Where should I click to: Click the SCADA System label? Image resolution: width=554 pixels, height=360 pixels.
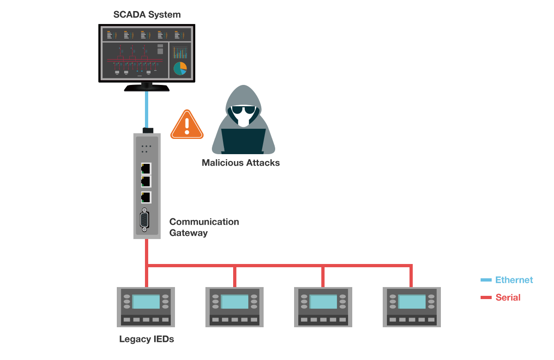[x=147, y=15]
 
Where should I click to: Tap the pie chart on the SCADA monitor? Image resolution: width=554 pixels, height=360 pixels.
[x=180, y=68]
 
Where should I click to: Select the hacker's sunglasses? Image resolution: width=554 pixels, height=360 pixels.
[x=243, y=111]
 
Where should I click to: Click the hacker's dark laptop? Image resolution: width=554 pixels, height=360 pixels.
[x=243, y=140]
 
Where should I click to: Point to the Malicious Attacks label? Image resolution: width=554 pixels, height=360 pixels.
[x=241, y=163]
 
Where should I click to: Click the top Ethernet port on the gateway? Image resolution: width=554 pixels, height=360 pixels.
[x=146, y=168]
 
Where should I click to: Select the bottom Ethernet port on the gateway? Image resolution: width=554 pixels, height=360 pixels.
[x=146, y=197]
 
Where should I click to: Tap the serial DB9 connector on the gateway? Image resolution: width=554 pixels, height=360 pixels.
[x=145, y=220]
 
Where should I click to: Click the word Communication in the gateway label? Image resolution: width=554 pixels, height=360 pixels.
[x=204, y=222]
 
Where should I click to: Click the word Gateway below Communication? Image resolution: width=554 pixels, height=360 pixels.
[x=188, y=233]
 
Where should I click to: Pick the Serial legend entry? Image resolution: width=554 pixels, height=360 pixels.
[x=508, y=298]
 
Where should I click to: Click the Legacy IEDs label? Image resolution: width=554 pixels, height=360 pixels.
[x=147, y=340]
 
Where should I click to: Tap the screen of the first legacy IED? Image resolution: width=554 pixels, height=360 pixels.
[x=146, y=302]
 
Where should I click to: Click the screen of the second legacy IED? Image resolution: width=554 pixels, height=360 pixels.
[x=235, y=302]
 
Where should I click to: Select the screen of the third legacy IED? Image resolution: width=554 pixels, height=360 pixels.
[x=323, y=302]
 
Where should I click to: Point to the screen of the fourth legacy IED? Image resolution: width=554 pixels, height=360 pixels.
[x=412, y=302]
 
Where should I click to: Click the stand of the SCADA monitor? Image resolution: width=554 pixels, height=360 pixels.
[x=147, y=86]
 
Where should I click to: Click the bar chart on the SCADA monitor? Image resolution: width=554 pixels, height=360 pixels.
[x=180, y=52]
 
